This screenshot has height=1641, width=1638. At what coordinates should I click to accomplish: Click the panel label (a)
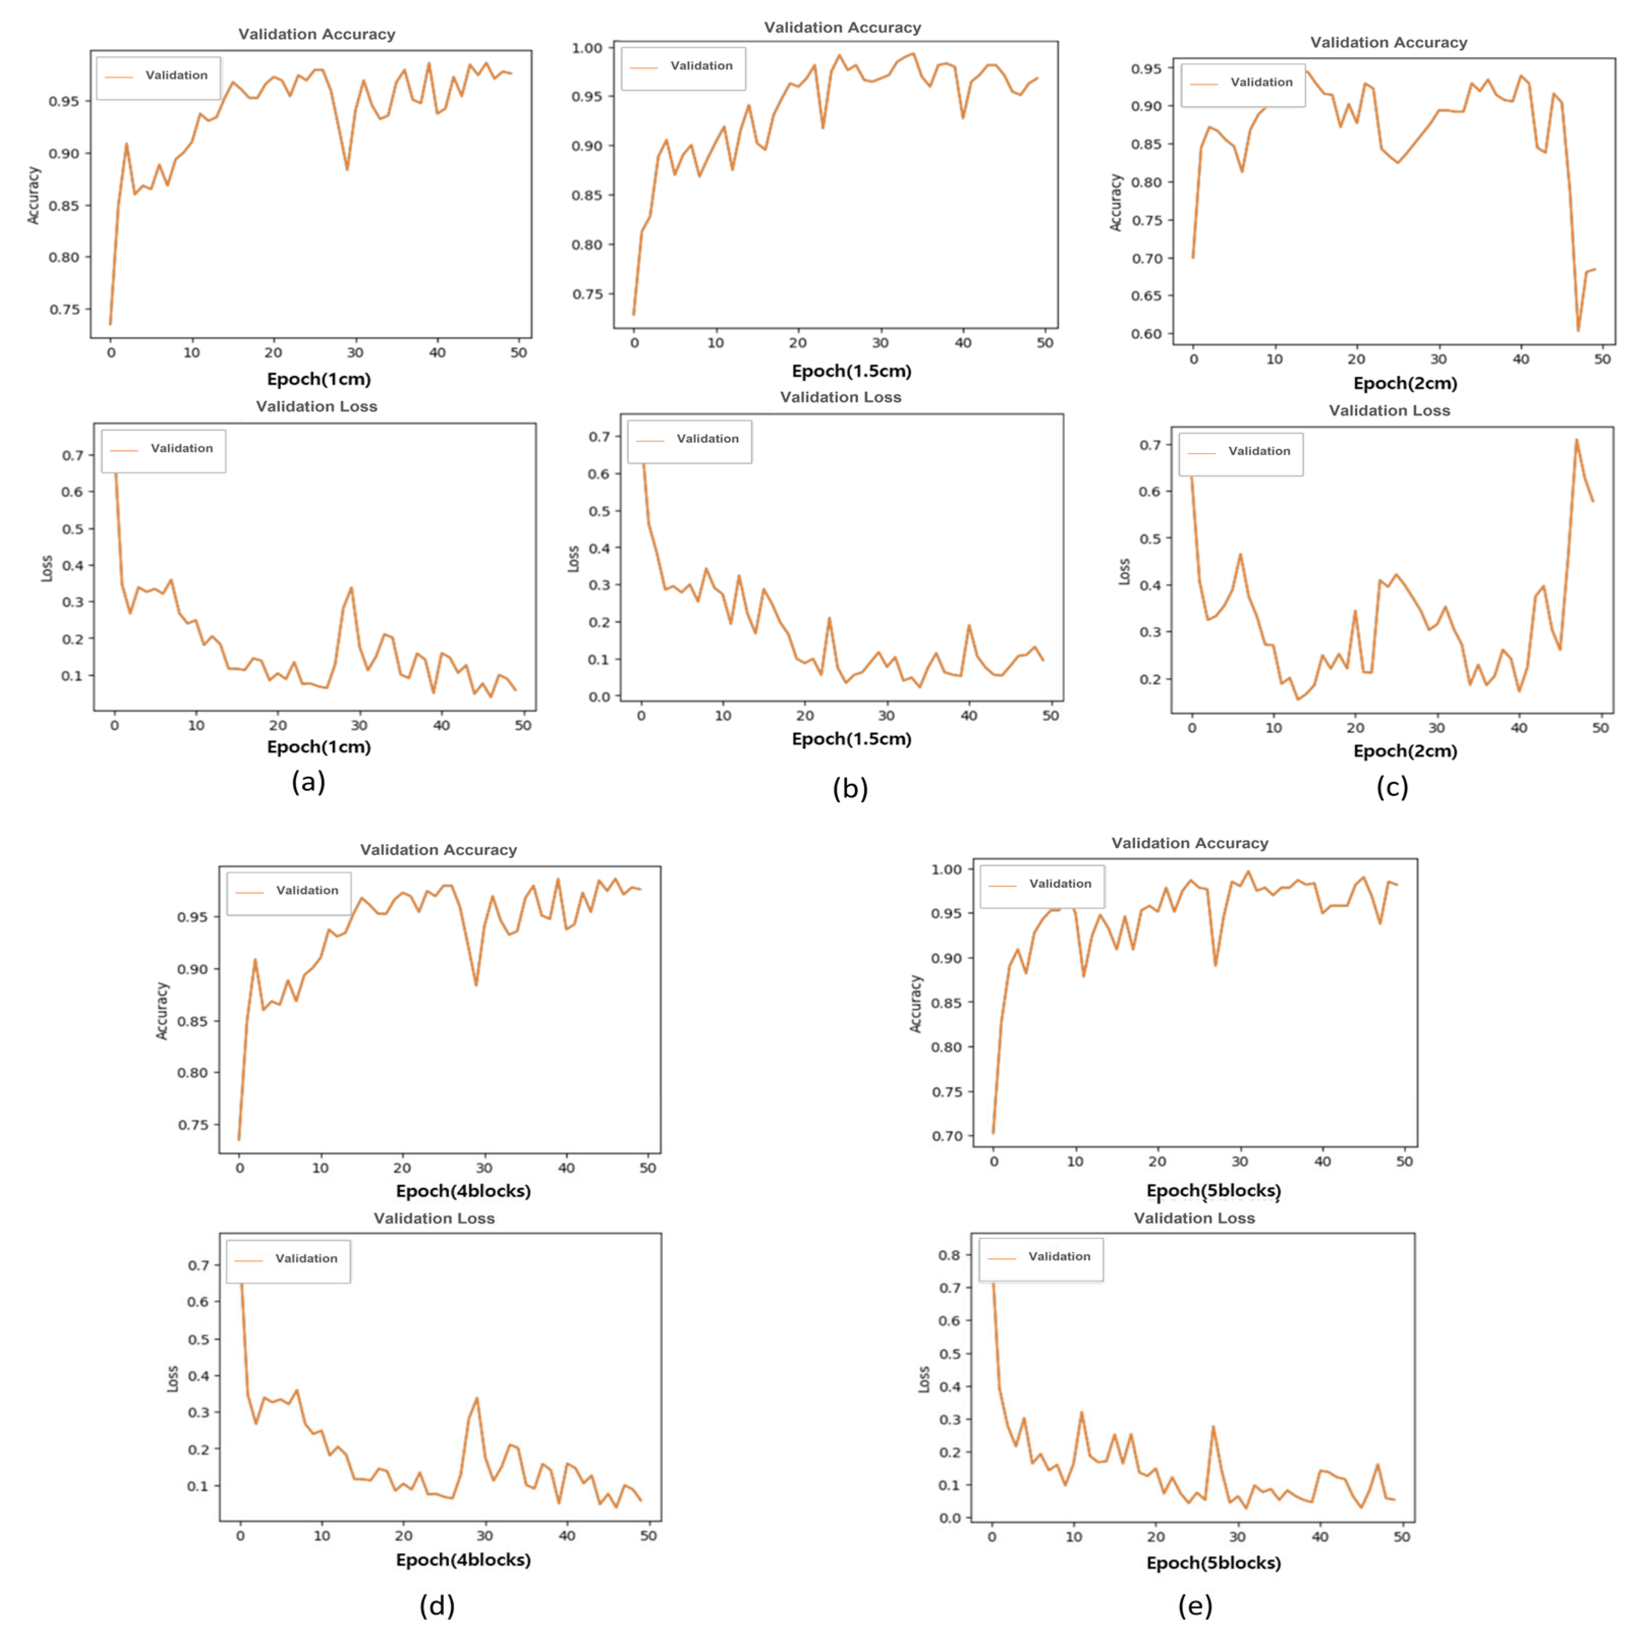308,781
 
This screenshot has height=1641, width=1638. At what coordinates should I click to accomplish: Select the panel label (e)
1195,1605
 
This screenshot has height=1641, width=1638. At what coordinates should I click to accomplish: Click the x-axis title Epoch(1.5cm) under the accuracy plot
851,371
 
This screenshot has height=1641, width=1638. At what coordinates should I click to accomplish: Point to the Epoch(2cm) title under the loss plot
1405,751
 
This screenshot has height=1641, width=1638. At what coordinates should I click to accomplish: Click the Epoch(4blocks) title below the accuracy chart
463,1191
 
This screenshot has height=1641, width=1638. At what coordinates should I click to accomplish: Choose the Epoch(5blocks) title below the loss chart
1213,1563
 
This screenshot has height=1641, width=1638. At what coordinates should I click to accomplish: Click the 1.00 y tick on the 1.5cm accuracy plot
587,48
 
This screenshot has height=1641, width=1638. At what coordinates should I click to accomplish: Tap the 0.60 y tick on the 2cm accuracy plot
1146,334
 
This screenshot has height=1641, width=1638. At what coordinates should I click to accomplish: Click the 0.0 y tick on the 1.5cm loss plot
599,696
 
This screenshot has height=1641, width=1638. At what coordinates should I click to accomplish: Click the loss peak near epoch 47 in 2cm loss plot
1576,440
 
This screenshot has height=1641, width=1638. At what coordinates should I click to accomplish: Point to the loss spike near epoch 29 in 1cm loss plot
351,588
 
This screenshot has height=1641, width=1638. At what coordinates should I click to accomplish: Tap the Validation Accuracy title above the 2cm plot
1388,42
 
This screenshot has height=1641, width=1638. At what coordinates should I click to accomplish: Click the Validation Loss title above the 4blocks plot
434,1218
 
